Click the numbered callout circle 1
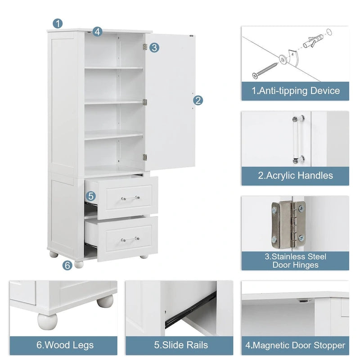58,23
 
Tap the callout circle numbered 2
198,100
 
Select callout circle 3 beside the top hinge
154,47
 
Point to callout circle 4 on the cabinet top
98,31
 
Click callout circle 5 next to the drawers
91,196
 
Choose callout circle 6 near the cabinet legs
67,265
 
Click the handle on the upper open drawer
130,198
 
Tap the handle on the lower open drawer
130,239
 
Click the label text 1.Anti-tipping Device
295,91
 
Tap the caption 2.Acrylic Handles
295,175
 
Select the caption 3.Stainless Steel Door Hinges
295,261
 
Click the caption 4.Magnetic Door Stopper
295,346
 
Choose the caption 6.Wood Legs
65,345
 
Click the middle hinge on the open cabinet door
145,102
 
